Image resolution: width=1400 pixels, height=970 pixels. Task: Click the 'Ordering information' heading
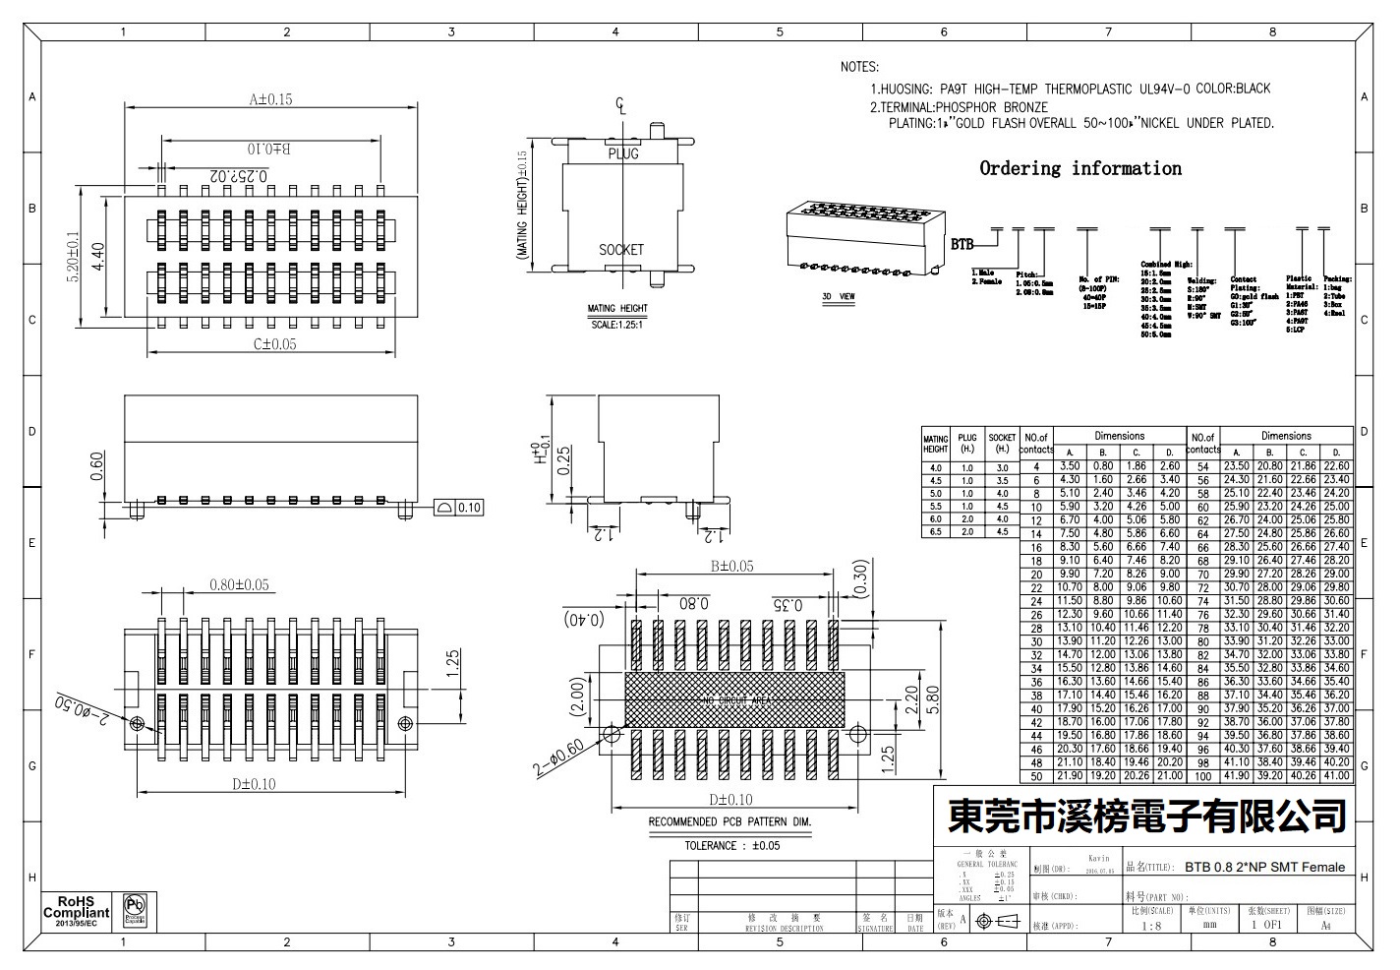[1080, 168]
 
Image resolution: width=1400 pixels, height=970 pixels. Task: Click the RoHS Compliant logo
[76, 911]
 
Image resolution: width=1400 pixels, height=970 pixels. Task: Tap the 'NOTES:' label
[858, 67]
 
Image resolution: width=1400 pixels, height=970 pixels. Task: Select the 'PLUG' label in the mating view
[622, 153]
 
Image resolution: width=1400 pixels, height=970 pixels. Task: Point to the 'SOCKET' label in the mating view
[621, 250]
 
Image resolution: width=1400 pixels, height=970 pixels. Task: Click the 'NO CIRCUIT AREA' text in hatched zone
[735, 699]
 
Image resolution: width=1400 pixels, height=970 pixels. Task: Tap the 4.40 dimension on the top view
[98, 257]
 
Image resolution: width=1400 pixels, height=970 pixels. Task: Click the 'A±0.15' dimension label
[270, 99]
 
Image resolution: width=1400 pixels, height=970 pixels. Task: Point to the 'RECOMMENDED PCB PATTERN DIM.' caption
[729, 821]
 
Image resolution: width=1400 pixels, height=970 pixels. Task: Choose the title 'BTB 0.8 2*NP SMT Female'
[1264, 867]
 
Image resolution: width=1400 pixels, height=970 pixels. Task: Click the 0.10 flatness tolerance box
[460, 508]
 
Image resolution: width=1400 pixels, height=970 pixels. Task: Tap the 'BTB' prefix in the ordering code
[962, 242]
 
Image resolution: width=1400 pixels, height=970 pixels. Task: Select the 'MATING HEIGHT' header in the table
[936, 444]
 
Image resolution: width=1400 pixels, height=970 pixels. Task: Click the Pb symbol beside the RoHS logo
[135, 910]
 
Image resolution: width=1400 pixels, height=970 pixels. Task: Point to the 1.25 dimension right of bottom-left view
[453, 658]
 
